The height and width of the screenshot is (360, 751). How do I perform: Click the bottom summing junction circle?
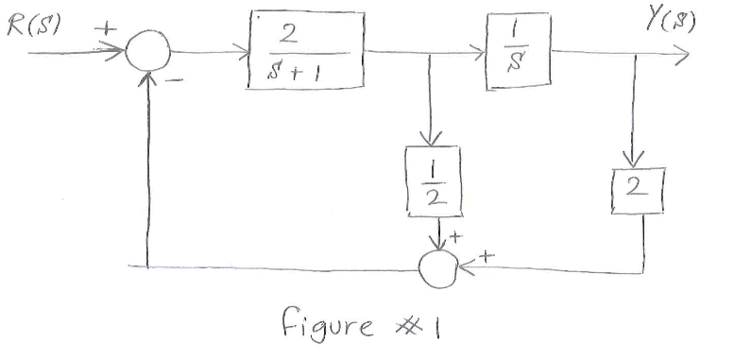tap(437, 269)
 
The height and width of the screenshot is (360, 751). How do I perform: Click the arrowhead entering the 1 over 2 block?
tap(432, 142)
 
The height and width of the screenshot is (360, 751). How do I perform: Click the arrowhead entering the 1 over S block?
tap(480, 54)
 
